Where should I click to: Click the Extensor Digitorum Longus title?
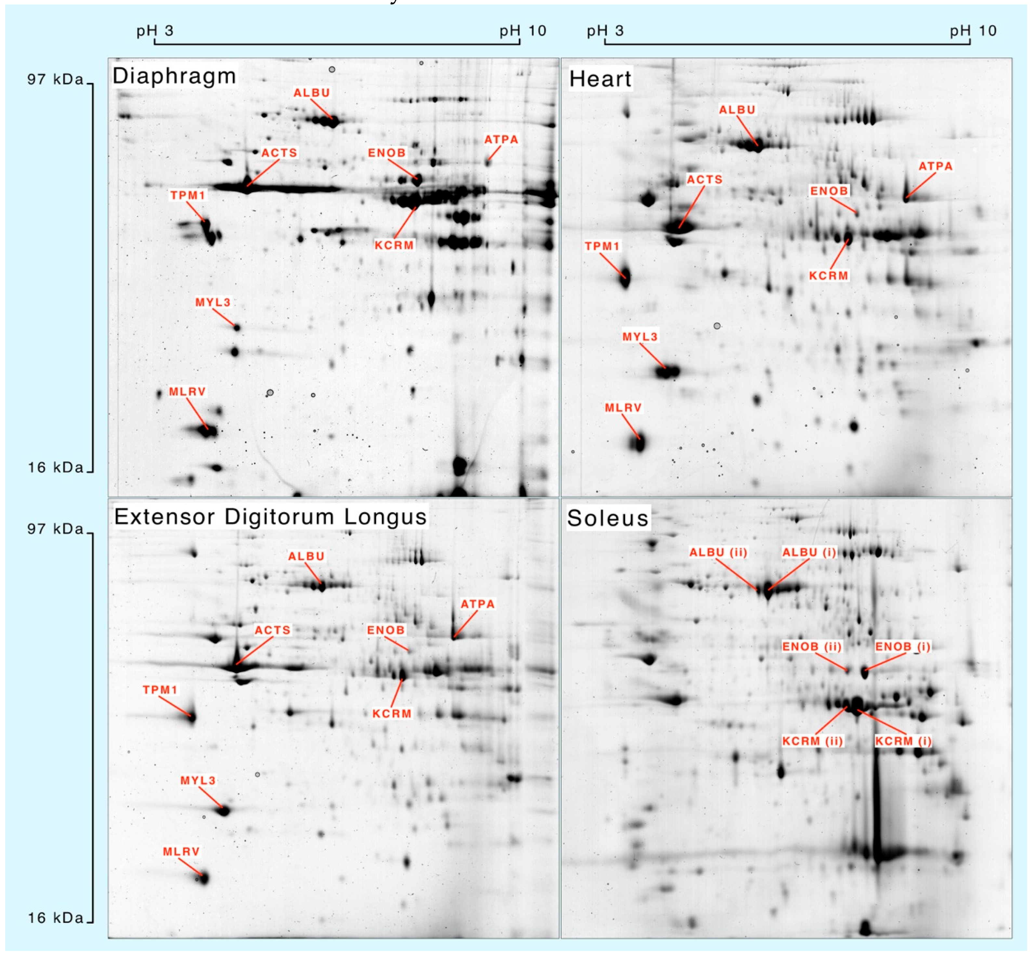[270, 517]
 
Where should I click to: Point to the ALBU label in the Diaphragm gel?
[311, 93]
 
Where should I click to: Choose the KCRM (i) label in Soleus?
[903, 741]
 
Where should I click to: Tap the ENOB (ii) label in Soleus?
[811, 647]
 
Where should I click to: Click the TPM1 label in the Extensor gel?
[160, 690]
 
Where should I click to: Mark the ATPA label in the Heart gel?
[935, 166]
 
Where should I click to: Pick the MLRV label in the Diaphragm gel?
[187, 392]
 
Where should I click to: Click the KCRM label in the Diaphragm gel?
[394, 245]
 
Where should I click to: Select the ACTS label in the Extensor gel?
[272, 630]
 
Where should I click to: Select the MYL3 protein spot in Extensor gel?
[224, 811]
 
